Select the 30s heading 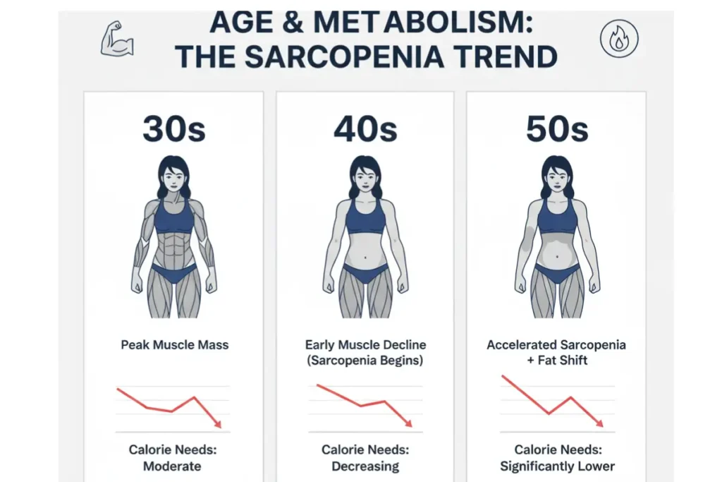coord(173,129)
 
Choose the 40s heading coord(365,129)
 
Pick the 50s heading coord(557,129)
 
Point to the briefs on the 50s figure coord(557,272)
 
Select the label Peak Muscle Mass coord(174,346)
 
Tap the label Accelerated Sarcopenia coord(556,345)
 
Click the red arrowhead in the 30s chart coord(218,424)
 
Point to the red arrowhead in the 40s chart coord(409,423)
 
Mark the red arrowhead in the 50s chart coord(600,423)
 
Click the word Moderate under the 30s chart coord(172,466)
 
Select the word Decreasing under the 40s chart coord(365,466)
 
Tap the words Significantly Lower coord(557,466)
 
